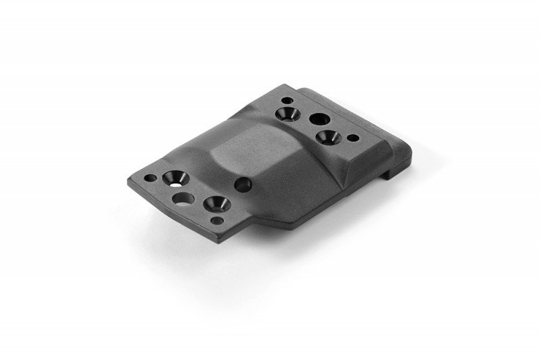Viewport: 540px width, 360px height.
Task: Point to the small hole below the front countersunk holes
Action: tap(216, 220)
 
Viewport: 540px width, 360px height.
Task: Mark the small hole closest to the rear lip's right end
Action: tap(352, 138)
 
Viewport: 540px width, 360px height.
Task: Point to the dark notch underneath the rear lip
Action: tap(389, 175)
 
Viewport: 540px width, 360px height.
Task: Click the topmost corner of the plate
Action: tap(287, 86)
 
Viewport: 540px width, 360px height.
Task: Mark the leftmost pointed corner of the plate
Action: tap(128, 182)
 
